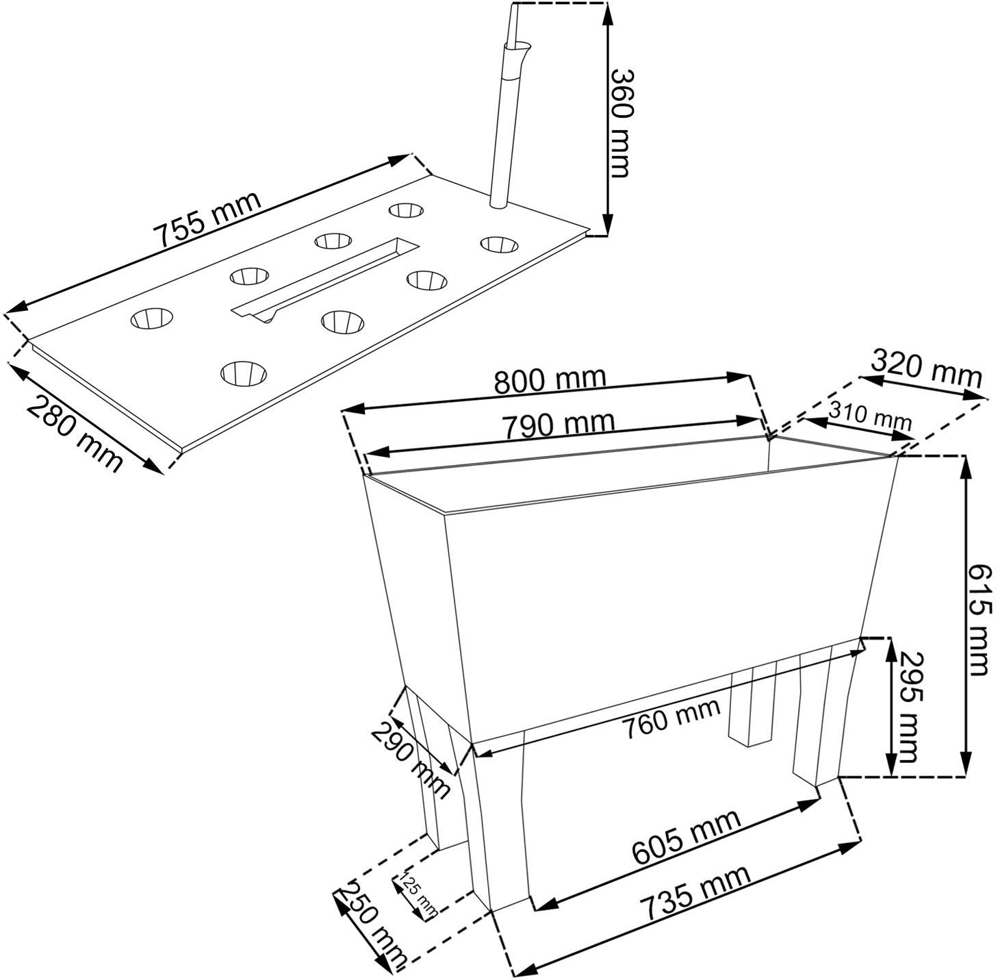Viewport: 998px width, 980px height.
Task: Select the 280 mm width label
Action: (75, 432)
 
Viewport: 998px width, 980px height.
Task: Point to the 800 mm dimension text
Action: (550, 380)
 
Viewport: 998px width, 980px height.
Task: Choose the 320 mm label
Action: (926, 368)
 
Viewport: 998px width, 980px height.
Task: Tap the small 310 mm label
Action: (869, 416)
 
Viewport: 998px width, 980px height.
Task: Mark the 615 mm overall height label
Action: (980, 620)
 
